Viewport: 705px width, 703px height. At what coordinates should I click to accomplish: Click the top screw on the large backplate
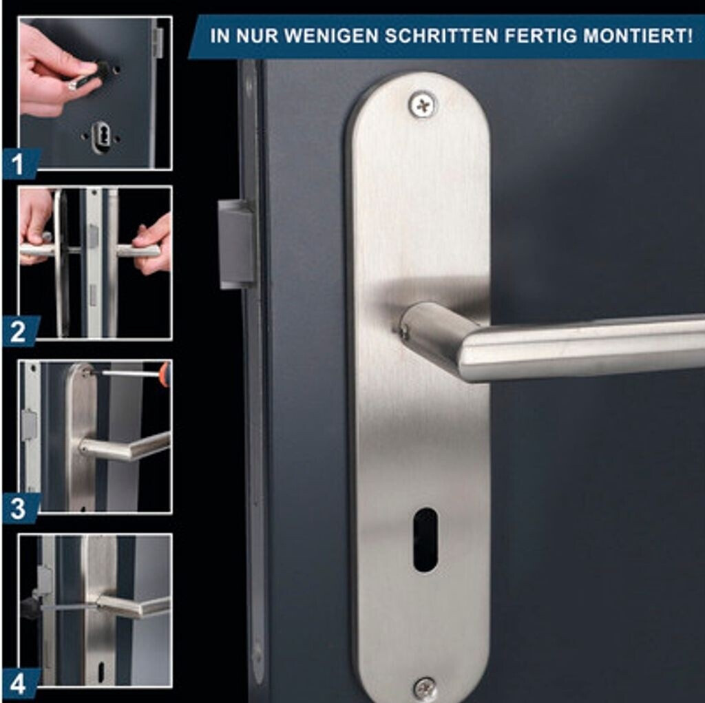(x=422, y=105)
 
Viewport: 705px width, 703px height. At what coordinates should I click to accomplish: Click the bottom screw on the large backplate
(x=424, y=689)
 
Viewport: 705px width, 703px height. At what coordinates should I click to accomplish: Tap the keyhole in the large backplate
(x=425, y=540)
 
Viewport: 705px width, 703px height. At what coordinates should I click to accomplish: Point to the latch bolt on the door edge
(x=237, y=244)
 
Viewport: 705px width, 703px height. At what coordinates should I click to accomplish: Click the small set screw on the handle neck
(x=404, y=332)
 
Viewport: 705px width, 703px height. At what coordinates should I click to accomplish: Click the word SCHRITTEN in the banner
(x=441, y=36)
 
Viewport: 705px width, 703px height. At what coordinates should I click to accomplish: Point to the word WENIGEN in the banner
(x=332, y=36)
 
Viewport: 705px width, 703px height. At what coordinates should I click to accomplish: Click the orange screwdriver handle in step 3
(x=165, y=374)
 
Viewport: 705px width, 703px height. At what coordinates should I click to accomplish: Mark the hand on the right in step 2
(x=153, y=245)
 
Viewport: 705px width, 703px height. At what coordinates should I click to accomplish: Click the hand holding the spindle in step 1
(x=54, y=72)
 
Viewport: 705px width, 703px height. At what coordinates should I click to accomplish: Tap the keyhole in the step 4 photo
(x=101, y=671)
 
